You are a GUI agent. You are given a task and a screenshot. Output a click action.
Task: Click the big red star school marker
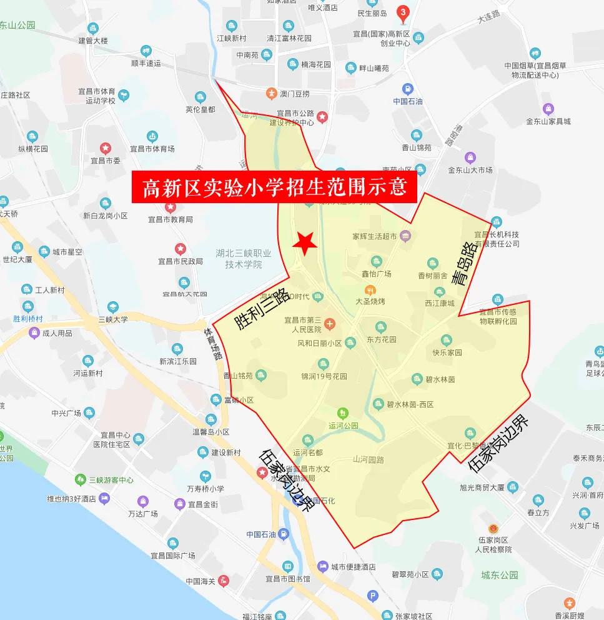click(305, 244)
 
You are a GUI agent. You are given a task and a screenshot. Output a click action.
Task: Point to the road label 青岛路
click(463, 265)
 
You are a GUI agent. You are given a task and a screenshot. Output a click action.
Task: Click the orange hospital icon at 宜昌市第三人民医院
click(330, 324)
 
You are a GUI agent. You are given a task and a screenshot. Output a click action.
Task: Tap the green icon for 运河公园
click(342, 412)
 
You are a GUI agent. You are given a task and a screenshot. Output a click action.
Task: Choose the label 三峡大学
click(112, 319)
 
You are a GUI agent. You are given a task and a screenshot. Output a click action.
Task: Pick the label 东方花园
click(383, 341)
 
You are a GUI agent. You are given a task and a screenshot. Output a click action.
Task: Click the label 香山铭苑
click(238, 376)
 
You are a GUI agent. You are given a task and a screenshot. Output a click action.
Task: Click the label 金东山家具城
click(548, 121)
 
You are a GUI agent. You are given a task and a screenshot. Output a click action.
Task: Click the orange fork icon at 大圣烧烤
click(370, 291)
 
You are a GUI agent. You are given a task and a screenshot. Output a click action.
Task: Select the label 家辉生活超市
click(375, 236)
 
